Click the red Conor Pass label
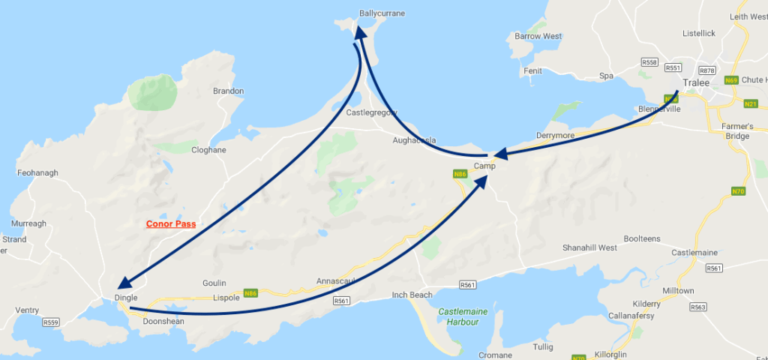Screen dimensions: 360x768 click(x=171, y=223)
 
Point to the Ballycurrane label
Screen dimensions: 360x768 click(x=382, y=13)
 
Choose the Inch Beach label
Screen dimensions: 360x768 click(x=411, y=295)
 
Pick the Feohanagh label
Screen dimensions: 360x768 click(x=37, y=172)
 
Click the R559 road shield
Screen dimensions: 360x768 click(x=51, y=322)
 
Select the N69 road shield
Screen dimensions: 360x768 click(x=732, y=80)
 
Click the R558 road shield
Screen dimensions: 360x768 click(x=651, y=61)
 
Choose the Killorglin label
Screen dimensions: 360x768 click(x=609, y=352)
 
